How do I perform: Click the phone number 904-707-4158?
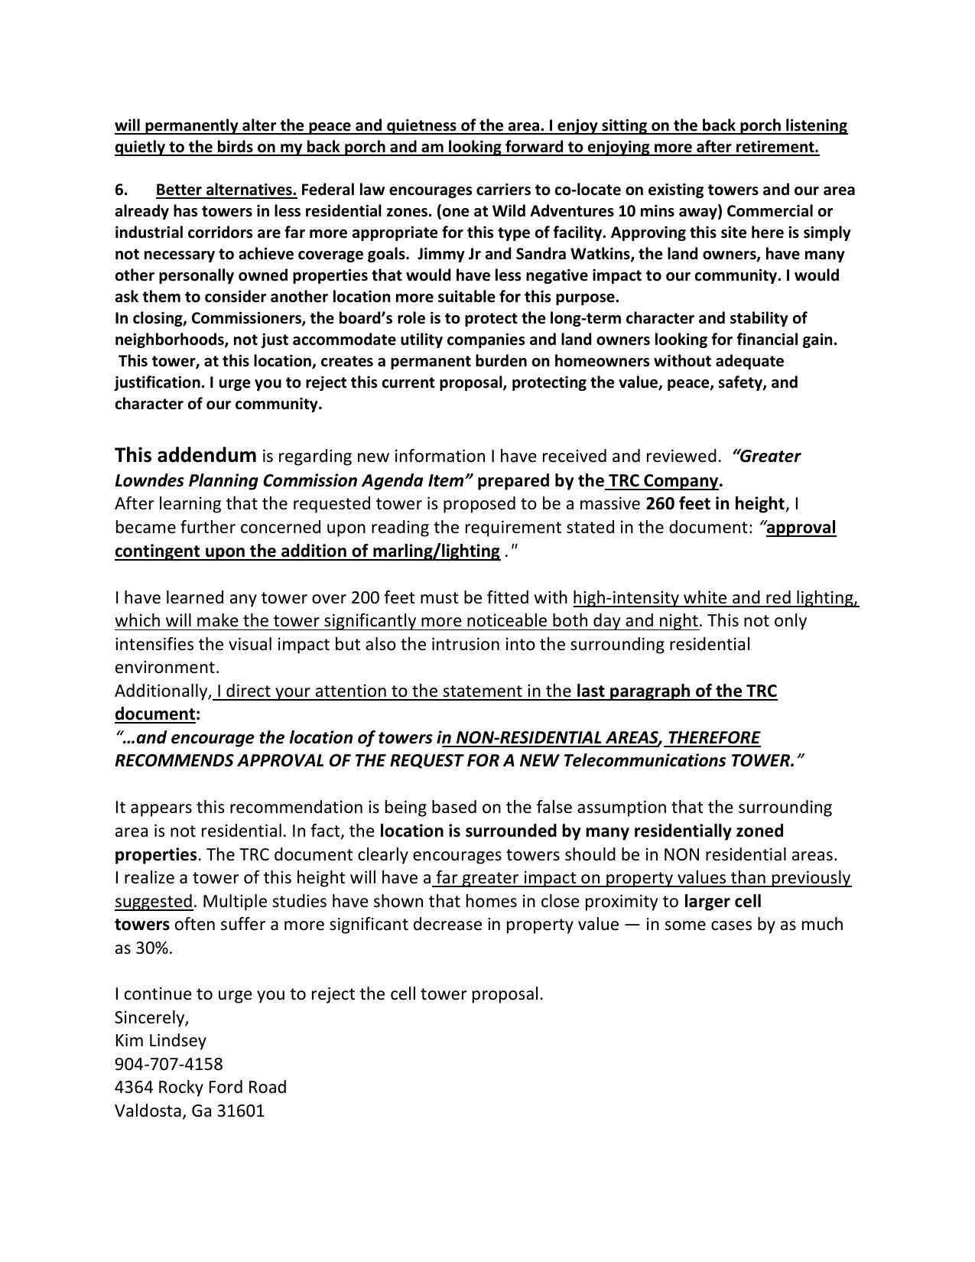coord(168,1064)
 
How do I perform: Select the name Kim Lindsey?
coord(160,1040)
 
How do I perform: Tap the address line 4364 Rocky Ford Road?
coord(200,1087)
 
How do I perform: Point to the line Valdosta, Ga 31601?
coord(189,1111)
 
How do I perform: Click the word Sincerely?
coord(150,1017)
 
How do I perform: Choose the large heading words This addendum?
coord(185,456)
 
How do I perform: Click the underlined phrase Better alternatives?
coord(226,190)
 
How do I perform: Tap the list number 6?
coord(120,190)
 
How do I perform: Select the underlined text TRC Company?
coord(663,480)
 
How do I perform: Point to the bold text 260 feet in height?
coord(714,503)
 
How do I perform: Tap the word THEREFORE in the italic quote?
coord(713,737)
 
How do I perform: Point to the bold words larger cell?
coord(722,901)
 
